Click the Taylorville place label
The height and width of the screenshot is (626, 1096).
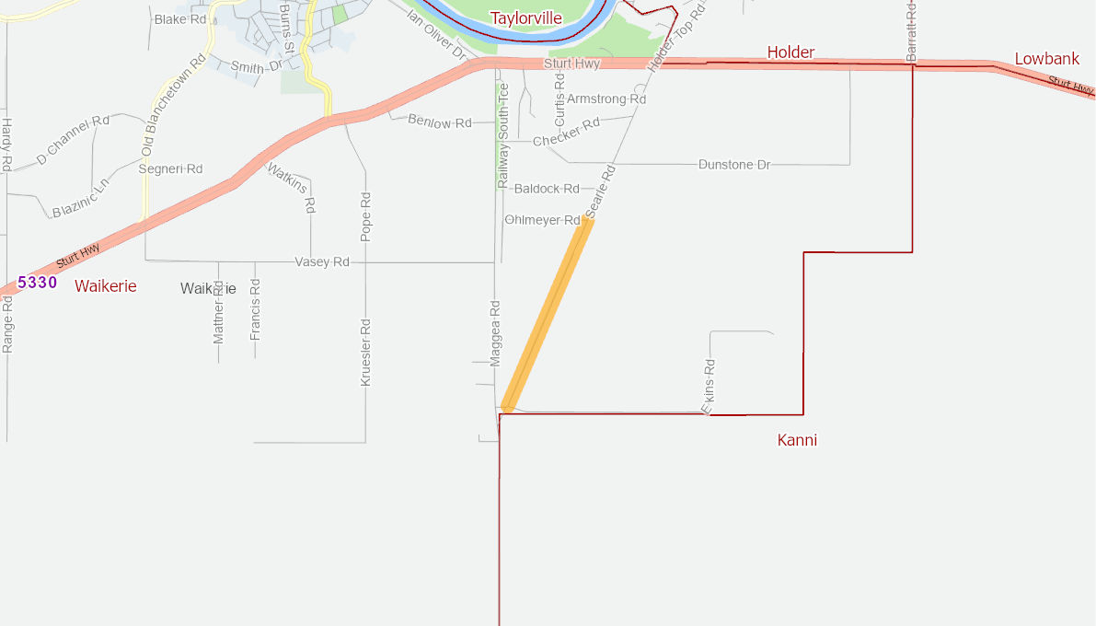(525, 18)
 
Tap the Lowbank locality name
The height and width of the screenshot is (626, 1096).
(1046, 59)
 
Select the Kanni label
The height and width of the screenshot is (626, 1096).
(797, 440)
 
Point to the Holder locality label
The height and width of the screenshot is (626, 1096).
(790, 52)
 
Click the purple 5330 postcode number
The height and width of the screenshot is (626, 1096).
(38, 283)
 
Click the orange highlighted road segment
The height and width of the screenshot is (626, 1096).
(547, 313)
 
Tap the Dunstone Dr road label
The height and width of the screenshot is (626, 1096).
(733, 165)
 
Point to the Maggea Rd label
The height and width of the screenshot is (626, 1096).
(495, 333)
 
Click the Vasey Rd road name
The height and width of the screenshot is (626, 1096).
(322, 262)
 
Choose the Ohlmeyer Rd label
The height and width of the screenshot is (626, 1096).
(543, 220)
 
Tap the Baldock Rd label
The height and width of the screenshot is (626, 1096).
(547, 189)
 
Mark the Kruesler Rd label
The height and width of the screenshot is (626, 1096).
(365, 352)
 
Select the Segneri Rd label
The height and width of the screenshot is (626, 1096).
(170, 169)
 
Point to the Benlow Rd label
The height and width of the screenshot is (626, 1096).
(439, 122)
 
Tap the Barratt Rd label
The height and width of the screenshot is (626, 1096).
(911, 32)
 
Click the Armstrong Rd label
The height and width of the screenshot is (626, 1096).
(606, 99)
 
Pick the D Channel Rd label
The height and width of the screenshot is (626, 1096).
(73, 141)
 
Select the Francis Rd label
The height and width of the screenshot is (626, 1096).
(256, 309)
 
